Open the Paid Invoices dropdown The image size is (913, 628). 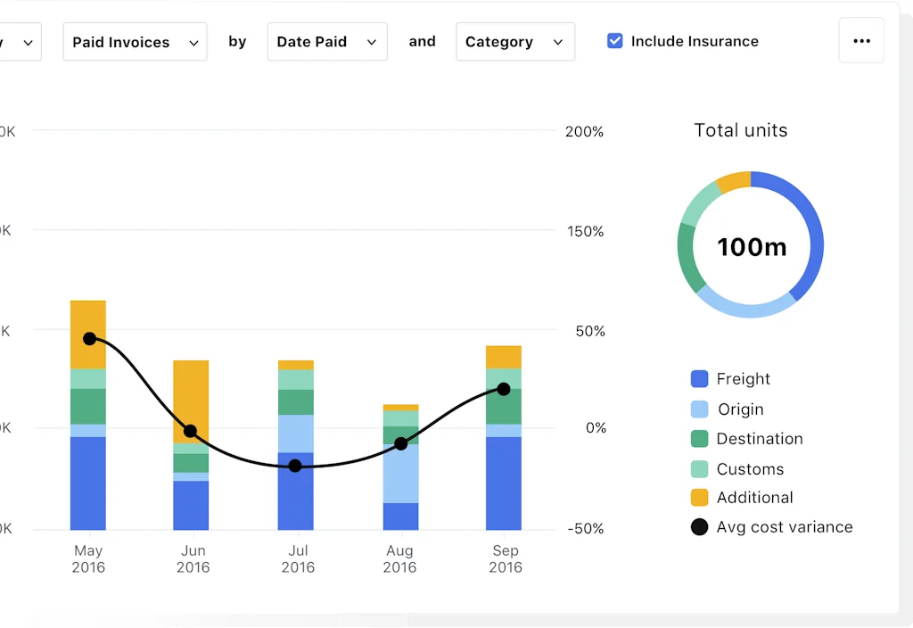point(135,42)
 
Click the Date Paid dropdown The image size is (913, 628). point(326,42)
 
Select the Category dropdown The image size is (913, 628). point(514,42)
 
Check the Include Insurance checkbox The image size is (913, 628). point(615,41)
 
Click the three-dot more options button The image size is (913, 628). point(861,41)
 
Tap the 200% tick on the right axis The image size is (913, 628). point(584,132)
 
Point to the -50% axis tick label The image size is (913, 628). point(584,528)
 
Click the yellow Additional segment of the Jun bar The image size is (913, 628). point(191,401)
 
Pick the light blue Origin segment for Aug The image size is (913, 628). point(400,473)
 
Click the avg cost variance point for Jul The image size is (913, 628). point(295,466)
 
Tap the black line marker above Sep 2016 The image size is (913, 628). point(504,389)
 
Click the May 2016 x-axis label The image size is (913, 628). point(88,558)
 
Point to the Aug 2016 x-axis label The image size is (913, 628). point(400,558)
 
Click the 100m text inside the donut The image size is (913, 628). point(752,246)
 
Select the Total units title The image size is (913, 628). point(741,130)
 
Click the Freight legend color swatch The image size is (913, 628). point(700,379)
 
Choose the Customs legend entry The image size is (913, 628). point(750,469)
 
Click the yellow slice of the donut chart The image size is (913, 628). point(734,182)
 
